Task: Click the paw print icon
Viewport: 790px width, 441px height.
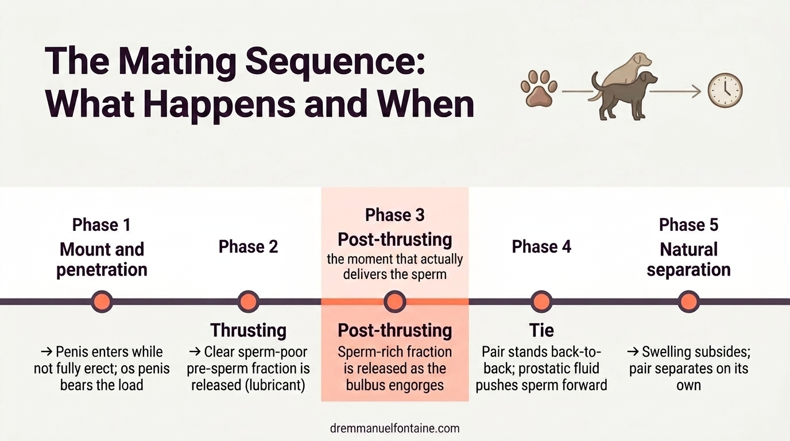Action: [539, 89]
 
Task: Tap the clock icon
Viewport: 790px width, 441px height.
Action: [725, 91]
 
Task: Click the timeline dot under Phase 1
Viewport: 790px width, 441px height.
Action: [102, 301]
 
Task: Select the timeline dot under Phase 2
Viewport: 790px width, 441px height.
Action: [248, 301]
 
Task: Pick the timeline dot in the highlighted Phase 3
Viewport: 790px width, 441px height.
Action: [395, 301]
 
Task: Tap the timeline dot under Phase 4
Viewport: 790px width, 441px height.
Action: [541, 301]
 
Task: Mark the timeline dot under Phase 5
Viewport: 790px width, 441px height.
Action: [688, 301]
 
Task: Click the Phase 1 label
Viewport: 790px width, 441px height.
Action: [102, 225]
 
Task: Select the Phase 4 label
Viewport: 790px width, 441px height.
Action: [541, 246]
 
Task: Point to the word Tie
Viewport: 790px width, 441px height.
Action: [541, 330]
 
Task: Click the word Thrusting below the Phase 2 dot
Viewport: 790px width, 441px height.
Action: [248, 330]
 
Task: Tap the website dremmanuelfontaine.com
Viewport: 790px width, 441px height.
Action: [395, 428]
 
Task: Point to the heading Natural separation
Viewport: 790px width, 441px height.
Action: [688, 260]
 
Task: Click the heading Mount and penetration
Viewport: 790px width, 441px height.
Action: [102, 260]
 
